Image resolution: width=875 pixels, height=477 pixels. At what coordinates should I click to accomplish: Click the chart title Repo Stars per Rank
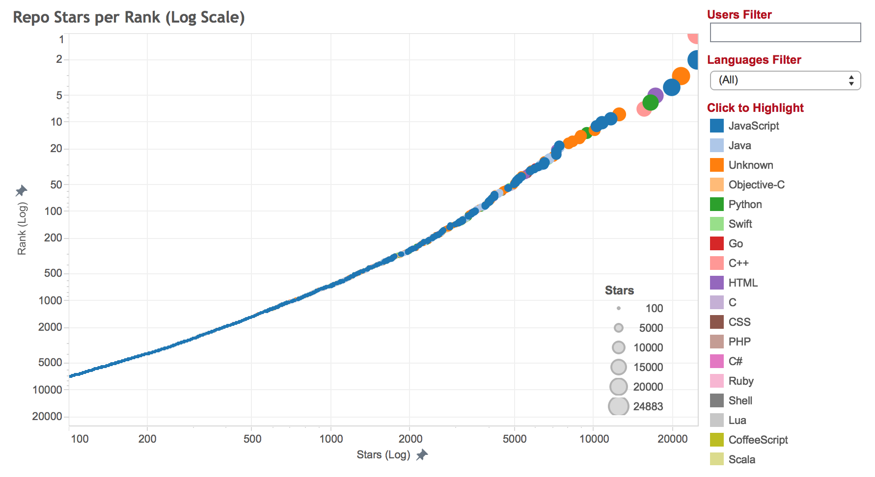coord(129,18)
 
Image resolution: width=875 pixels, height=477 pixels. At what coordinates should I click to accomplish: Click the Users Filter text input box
coord(785,32)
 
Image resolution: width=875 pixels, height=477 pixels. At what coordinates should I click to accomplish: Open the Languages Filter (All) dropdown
coord(785,80)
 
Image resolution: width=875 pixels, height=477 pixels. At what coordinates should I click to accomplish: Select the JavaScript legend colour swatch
coord(717,126)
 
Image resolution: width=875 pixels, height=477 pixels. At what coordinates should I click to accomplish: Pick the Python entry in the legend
coord(745,204)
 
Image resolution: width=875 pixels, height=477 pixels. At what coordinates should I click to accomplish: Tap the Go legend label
coord(736,243)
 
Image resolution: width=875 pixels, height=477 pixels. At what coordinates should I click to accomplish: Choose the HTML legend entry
coord(743,283)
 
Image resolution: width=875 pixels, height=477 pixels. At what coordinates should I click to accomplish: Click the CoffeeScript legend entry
coord(758,440)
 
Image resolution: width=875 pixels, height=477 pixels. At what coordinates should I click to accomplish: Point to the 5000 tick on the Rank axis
coord(50,363)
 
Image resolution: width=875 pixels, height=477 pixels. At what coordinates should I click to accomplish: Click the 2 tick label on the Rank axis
coord(59,59)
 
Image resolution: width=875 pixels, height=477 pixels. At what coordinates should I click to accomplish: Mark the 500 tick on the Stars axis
coord(252,439)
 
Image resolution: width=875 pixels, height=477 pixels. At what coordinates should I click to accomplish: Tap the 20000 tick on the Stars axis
coord(672,439)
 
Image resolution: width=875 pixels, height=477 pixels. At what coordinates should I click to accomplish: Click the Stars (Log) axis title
coord(383,455)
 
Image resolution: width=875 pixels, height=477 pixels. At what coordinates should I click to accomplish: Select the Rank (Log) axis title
coord(22,229)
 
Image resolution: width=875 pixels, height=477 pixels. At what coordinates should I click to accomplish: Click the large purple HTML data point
coord(655,96)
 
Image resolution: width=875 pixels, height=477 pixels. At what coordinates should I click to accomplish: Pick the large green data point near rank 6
coord(650,103)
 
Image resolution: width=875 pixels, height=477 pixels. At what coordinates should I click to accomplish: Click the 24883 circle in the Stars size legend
coord(619,406)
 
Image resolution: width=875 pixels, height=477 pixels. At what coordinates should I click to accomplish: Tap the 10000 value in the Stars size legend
coord(648,347)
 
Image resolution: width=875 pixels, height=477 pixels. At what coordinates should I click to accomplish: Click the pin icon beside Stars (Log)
coord(422,455)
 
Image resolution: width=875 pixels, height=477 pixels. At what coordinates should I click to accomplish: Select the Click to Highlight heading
coord(755,108)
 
